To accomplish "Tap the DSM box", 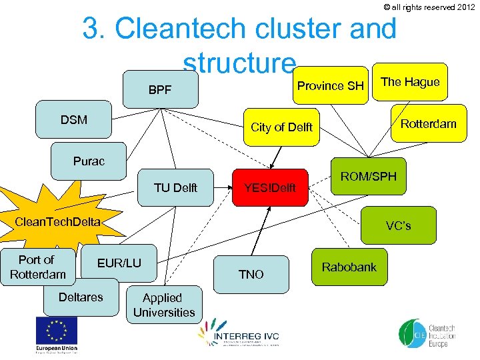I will [x=74, y=120].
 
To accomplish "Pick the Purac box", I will [x=89, y=161].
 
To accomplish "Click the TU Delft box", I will [x=175, y=188].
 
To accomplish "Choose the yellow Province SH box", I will [x=330, y=86].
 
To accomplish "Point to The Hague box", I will [x=410, y=83].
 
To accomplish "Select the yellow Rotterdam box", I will [x=428, y=123].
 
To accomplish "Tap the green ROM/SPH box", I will [x=369, y=177].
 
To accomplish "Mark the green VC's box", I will [x=398, y=225].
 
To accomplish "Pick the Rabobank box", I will [x=349, y=267].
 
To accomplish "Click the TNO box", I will [x=251, y=274].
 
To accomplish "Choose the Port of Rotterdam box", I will [x=37, y=267].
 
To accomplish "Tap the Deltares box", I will [x=81, y=297].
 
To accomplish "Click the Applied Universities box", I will [x=164, y=305].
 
